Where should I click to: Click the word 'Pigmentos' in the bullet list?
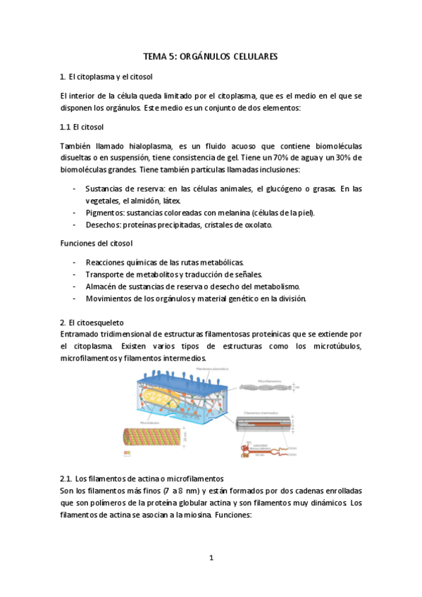click(x=104, y=213)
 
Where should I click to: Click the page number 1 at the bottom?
click(x=211, y=558)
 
